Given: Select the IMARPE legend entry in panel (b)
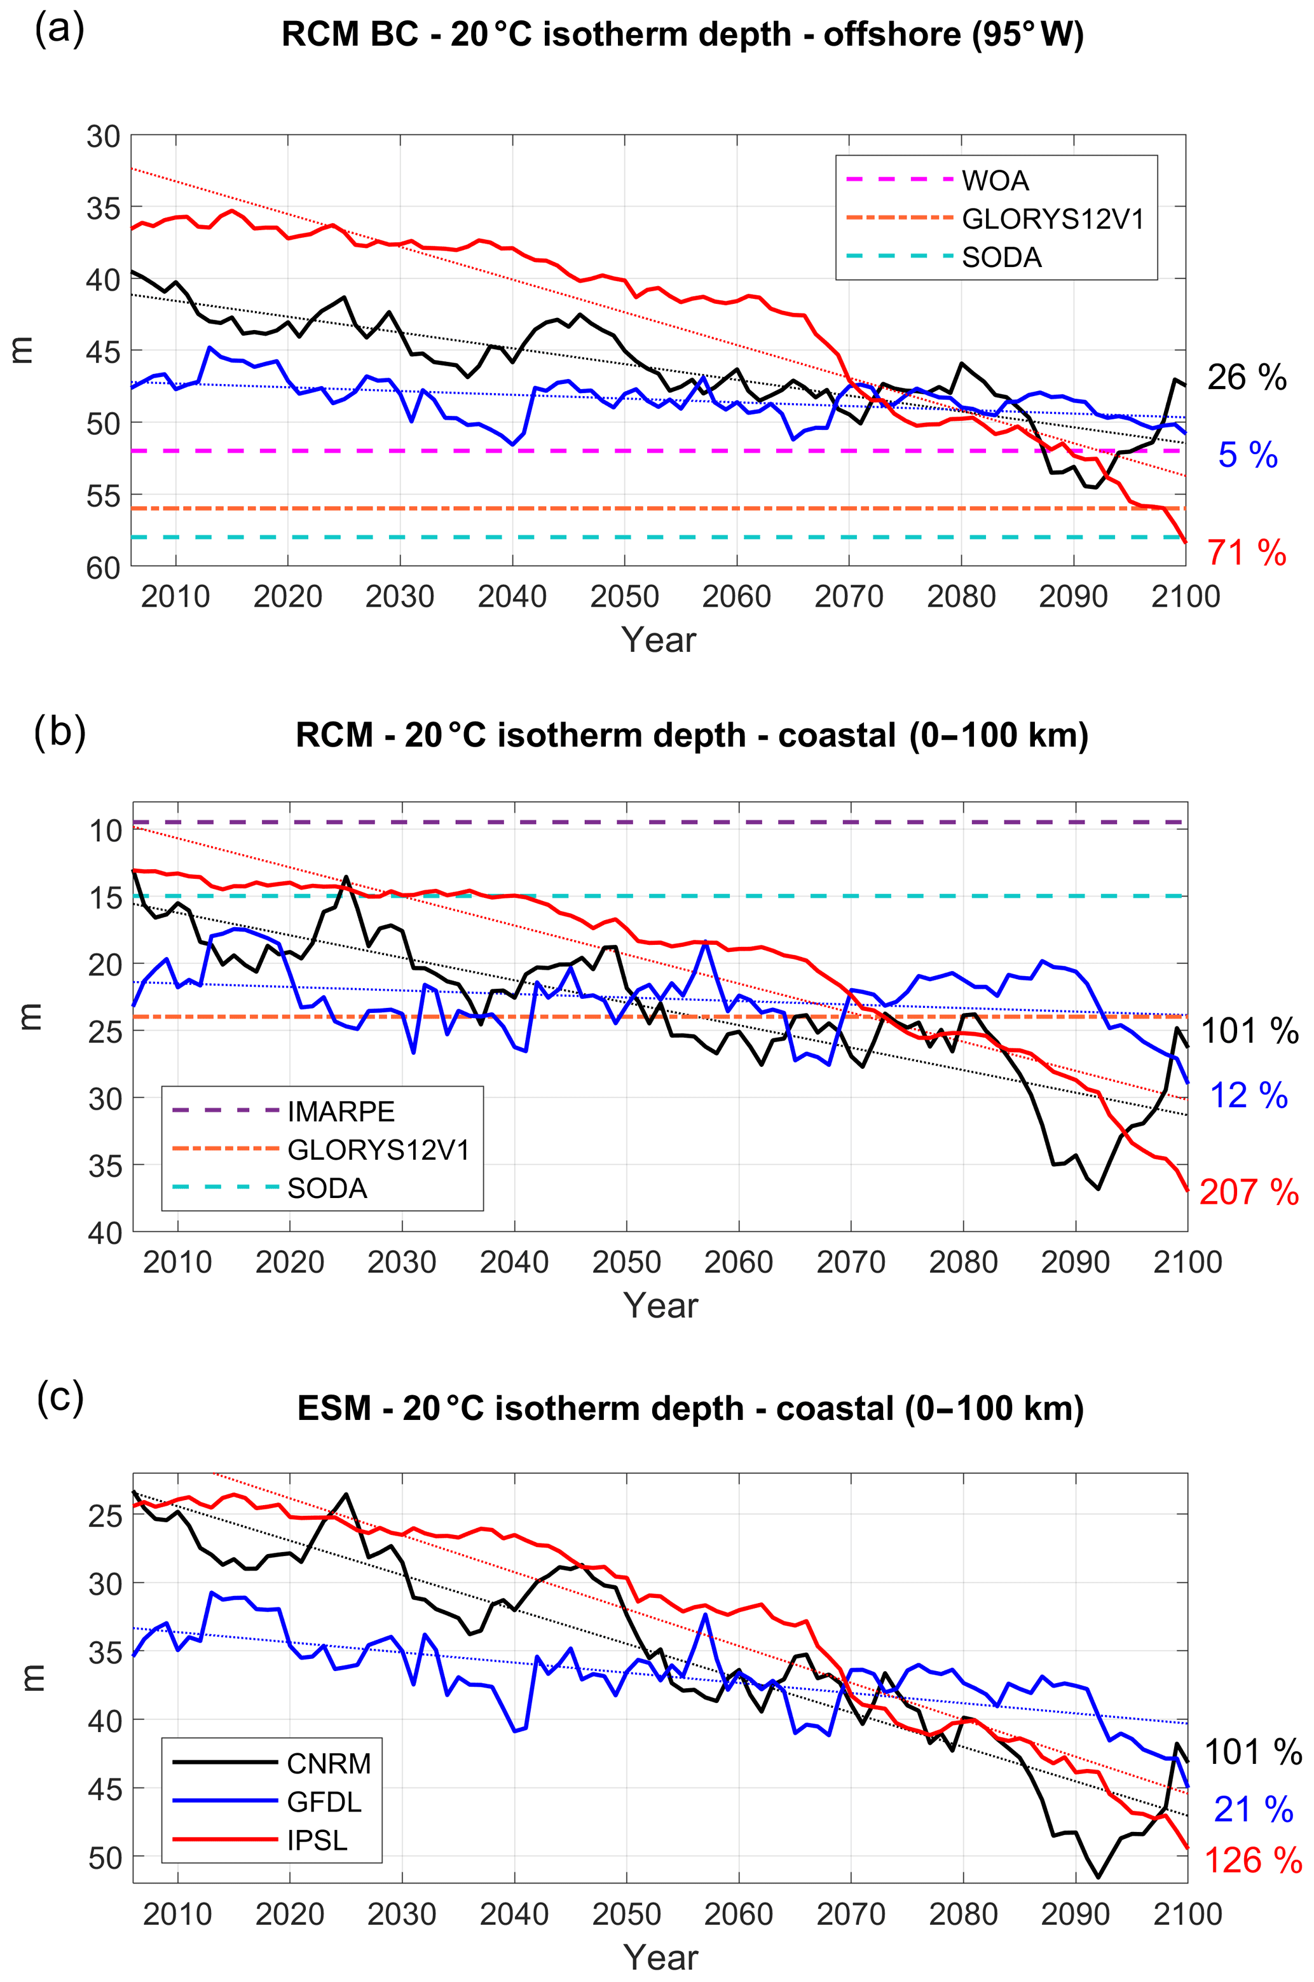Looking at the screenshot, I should (340, 1111).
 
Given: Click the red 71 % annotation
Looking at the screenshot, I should (1246, 553).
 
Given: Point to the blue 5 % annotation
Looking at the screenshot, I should (1247, 455).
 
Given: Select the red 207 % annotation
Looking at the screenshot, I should (1249, 1191).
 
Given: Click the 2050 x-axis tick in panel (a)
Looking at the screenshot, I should (624, 596).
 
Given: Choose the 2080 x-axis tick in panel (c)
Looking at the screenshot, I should (963, 1915).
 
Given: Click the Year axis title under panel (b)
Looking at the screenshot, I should (660, 1305).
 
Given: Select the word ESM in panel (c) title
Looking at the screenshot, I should (334, 1409).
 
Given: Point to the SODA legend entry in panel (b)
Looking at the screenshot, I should (327, 1188).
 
